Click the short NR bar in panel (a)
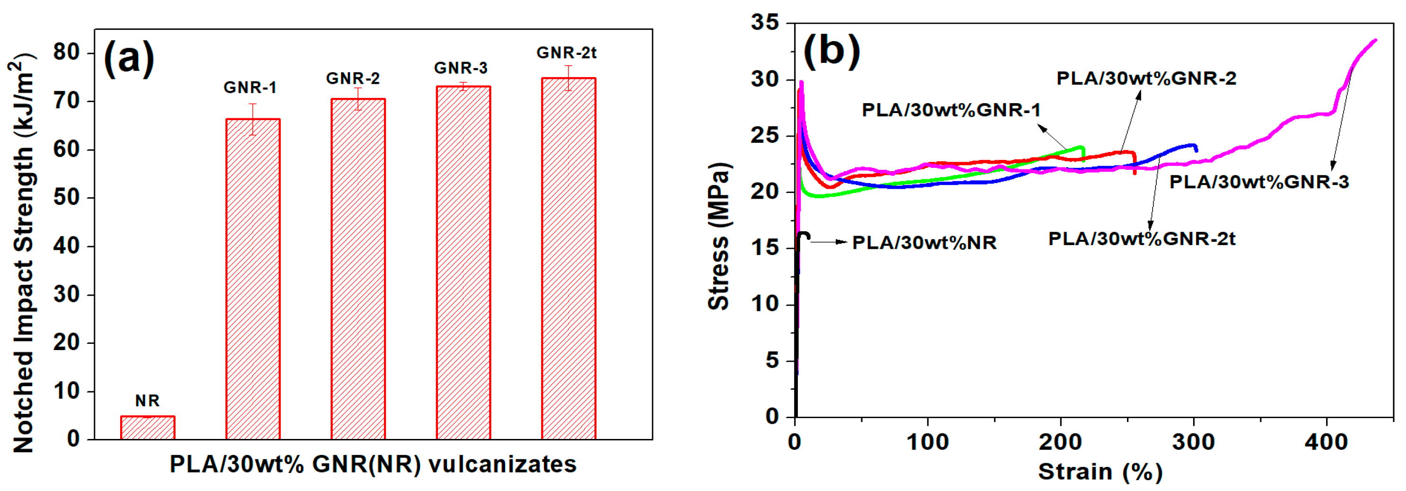148,428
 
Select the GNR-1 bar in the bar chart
253,279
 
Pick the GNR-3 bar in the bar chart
463,262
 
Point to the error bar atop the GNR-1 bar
253,119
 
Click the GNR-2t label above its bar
566,53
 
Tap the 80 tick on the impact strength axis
67,53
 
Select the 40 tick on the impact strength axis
67,246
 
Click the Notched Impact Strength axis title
23,252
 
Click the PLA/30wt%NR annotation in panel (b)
924,243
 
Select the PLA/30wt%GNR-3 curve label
1258,182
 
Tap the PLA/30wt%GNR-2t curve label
1141,239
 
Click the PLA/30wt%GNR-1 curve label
951,110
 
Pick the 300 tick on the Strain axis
1193,442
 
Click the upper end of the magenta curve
1374,40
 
